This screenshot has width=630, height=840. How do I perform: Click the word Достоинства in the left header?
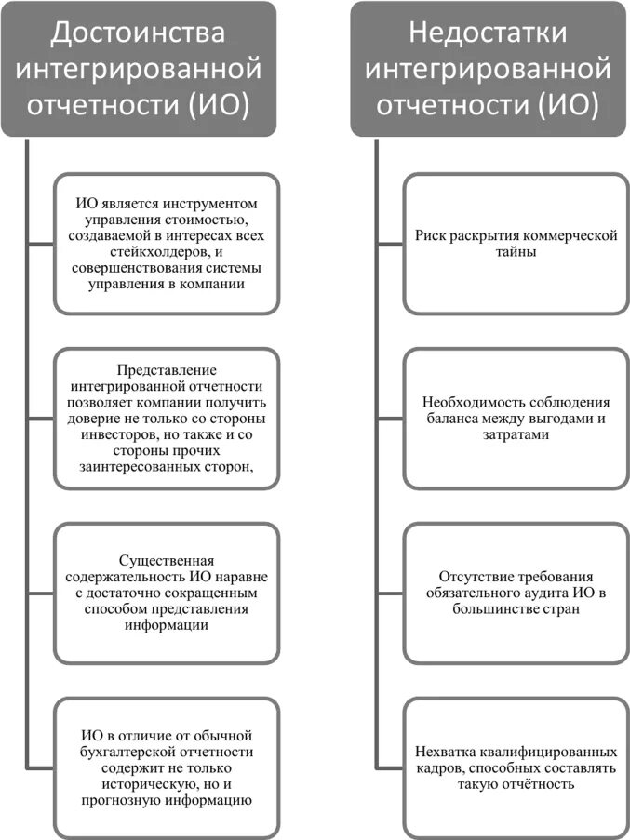pyautogui.click(x=138, y=33)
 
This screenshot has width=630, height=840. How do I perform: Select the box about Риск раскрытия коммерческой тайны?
pyautogui.click(x=516, y=244)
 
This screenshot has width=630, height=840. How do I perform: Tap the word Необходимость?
pyautogui.click(x=470, y=403)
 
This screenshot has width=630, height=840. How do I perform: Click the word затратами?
pyautogui.click(x=516, y=435)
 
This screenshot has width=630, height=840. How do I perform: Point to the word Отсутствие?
pyautogui.click(x=472, y=577)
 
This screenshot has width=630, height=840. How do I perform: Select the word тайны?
pyautogui.click(x=516, y=252)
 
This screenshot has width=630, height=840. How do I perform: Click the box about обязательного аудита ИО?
pyautogui.click(x=516, y=593)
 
